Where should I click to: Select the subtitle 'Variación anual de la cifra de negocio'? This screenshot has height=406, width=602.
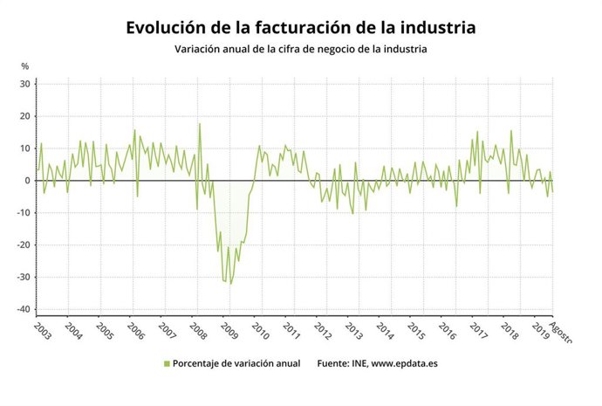coord(288,50)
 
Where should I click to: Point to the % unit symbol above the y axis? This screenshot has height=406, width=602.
coord(25,66)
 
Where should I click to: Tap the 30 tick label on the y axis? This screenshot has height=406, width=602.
coord(25,84)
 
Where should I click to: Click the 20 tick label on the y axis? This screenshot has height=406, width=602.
coord(25,116)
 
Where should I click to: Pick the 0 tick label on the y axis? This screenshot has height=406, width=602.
coord(28,181)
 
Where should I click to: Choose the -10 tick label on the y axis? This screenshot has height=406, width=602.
coord(24,213)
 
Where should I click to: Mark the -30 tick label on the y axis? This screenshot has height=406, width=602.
coord(24,278)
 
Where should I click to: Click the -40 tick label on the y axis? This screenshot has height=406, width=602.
coord(24,310)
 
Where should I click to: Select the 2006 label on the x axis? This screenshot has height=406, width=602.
coord(136,333)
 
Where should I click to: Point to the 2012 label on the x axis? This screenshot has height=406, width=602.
coord(322,333)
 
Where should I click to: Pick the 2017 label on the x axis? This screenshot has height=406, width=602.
coord(477,333)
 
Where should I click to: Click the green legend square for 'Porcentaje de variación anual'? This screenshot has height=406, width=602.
coord(166,363)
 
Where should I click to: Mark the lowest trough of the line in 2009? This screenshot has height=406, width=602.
coord(230,284)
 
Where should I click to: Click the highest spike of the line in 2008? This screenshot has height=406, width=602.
coord(199,123)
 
